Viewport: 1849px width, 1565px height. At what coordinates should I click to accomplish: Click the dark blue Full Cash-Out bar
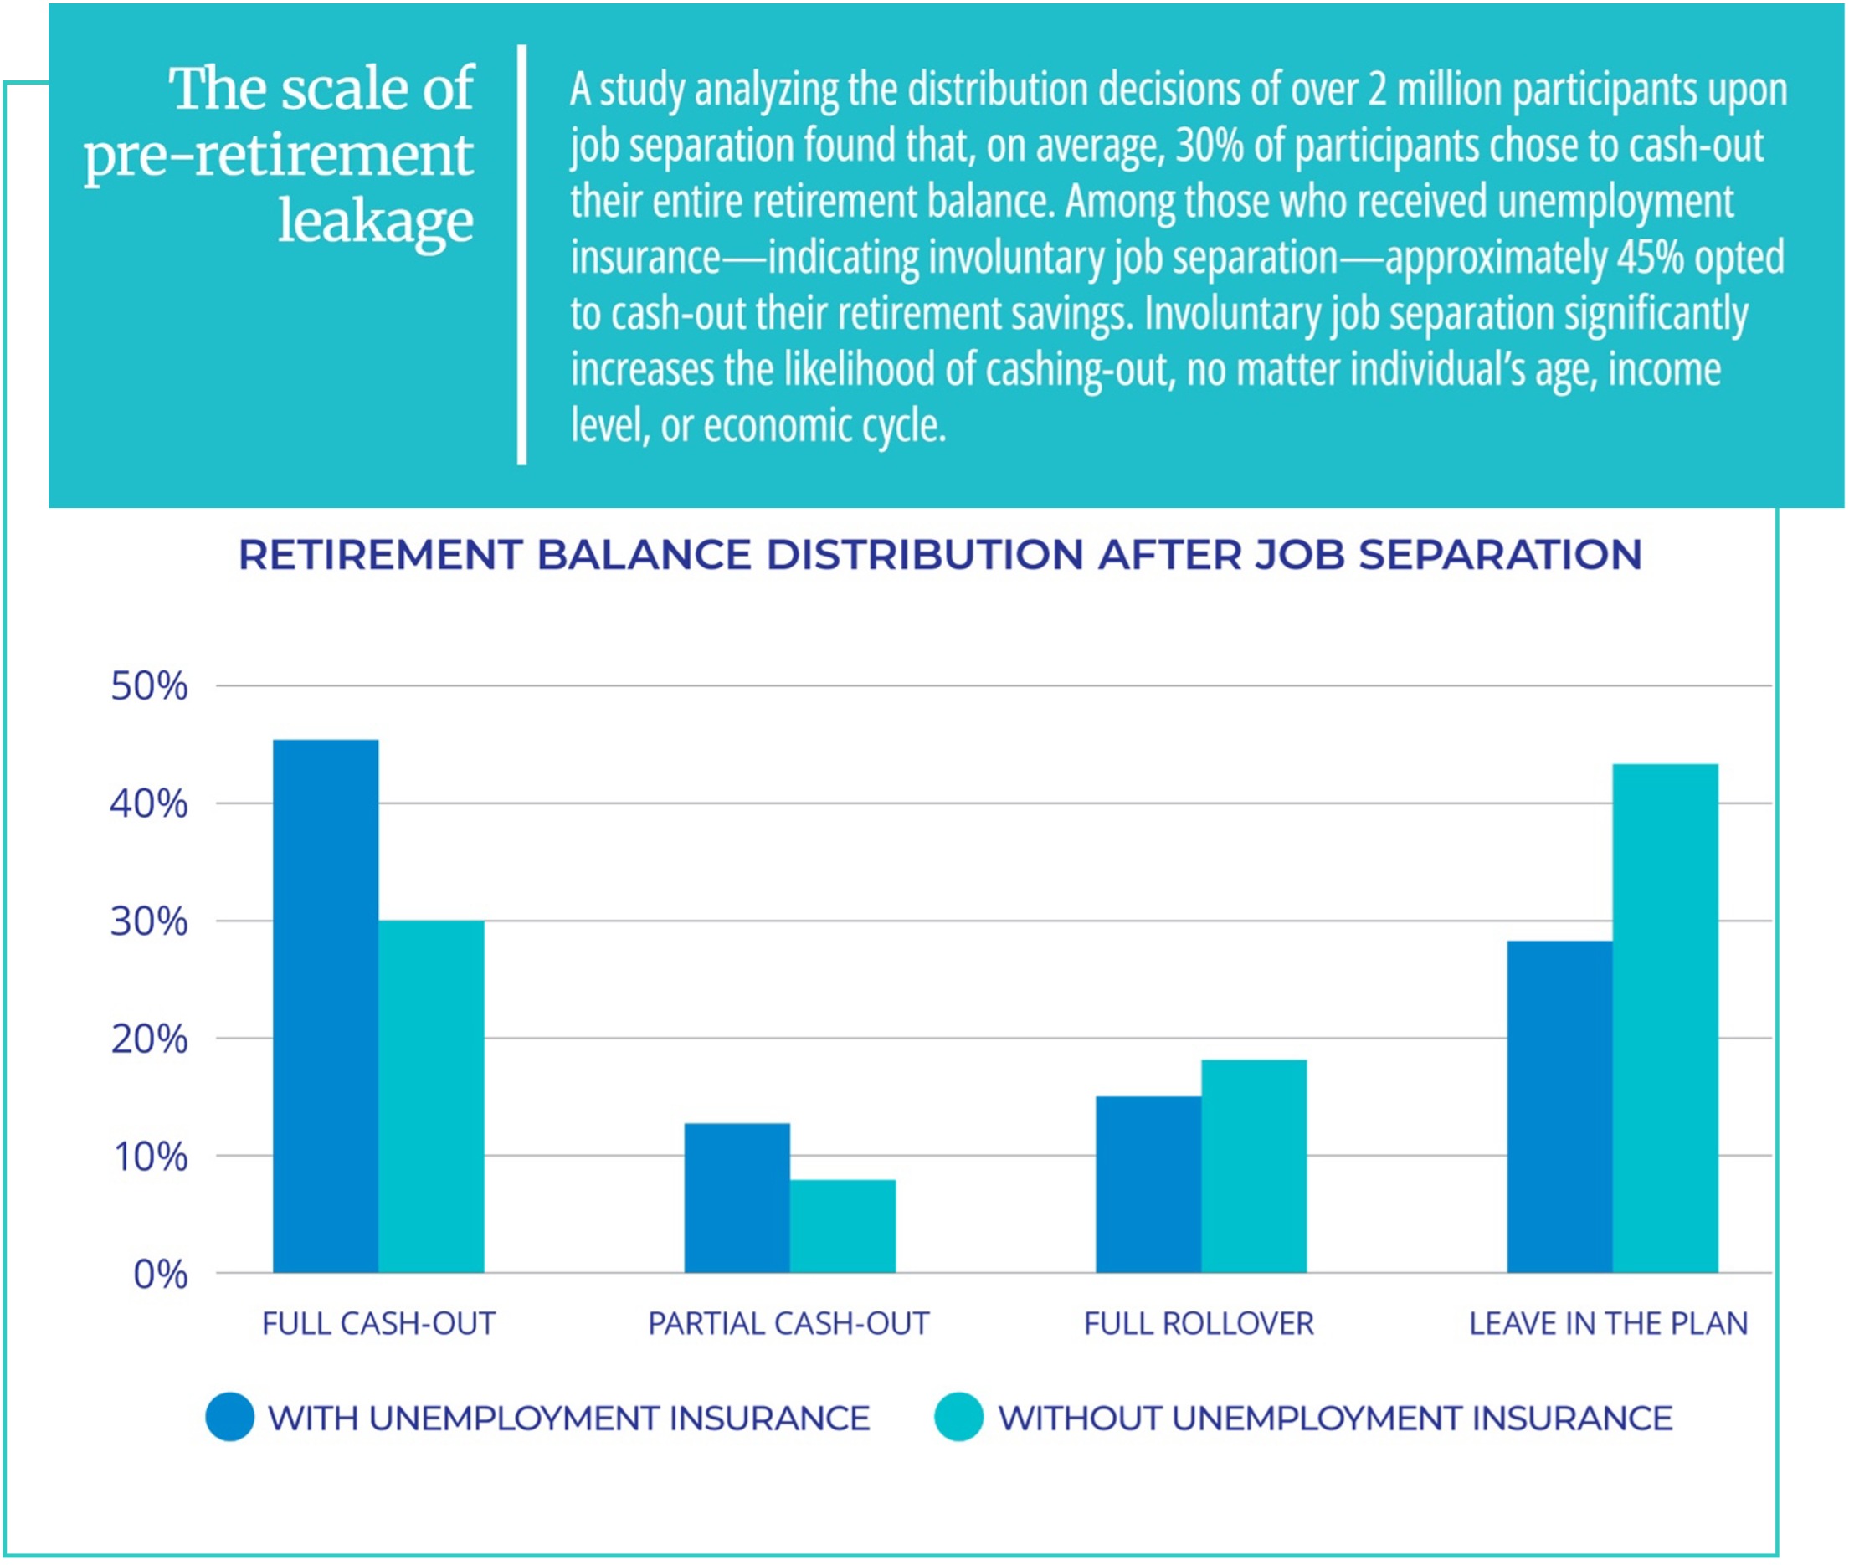coord(326,1006)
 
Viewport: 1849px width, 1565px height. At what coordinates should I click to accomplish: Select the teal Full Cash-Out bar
coord(431,1096)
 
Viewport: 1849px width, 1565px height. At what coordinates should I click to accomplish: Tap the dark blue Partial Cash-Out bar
coord(737,1198)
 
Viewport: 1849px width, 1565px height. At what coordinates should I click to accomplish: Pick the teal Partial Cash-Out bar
coord(843,1226)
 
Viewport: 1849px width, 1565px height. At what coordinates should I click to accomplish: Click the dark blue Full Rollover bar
coord(1148,1184)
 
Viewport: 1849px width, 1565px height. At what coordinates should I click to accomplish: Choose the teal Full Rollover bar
coord(1254,1166)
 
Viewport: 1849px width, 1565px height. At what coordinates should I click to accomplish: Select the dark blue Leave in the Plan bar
coord(1559,1106)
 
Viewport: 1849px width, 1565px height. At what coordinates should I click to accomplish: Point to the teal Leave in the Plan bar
coord(1666,1019)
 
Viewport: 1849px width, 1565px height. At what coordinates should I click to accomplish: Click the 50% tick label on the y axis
coord(149,687)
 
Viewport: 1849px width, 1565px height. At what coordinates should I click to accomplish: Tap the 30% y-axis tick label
coord(149,922)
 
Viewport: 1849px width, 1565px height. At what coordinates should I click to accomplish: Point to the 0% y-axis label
coord(161,1275)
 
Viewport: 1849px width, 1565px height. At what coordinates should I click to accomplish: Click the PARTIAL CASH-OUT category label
coord(788,1324)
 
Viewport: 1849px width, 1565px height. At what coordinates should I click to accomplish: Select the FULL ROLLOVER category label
coord(1199,1324)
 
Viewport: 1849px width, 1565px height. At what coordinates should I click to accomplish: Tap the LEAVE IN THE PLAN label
coord(1609,1324)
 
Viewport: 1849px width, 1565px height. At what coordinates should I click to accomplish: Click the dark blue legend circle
coord(230,1418)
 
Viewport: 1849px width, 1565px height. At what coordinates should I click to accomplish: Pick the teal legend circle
coord(959,1418)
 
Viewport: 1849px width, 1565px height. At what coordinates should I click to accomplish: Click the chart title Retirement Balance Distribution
coord(941,556)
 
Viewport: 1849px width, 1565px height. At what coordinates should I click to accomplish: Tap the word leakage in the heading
coord(376,220)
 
